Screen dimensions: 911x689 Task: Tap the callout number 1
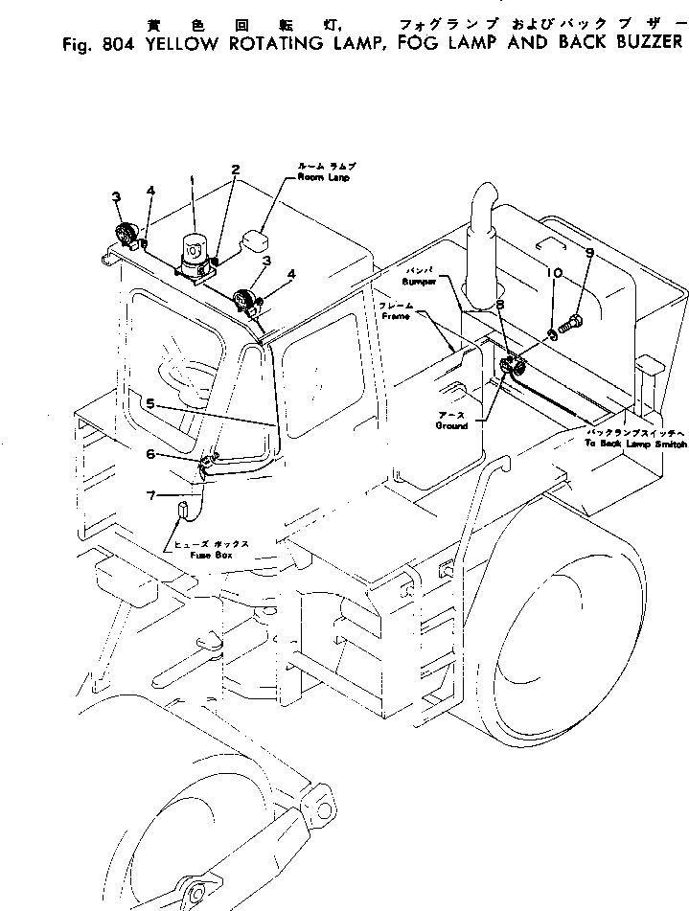[193, 180]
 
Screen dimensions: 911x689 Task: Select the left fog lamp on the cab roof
[125, 234]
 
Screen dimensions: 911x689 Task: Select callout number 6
[149, 427]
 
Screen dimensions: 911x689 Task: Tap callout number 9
[589, 253]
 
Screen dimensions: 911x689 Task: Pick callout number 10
[553, 273]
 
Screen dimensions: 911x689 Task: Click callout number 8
[500, 305]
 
